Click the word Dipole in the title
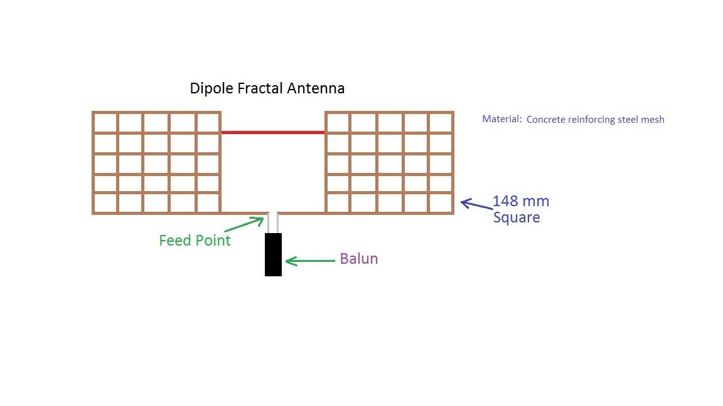tap(212, 88)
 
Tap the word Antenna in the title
tap(316, 88)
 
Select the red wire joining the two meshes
tap(273, 132)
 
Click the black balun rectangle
tap(273, 254)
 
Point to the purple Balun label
tap(359, 259)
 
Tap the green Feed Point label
tap(195, 241)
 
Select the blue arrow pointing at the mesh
tap(476, 204)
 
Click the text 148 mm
tap(521, 202)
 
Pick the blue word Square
tap(517, 218)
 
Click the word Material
tap(501, 119)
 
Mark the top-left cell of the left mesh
tap(105, 123)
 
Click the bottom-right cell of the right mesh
tap(441, 203)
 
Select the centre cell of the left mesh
tap(156, 164)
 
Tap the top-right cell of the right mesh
tap(441, 123)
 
